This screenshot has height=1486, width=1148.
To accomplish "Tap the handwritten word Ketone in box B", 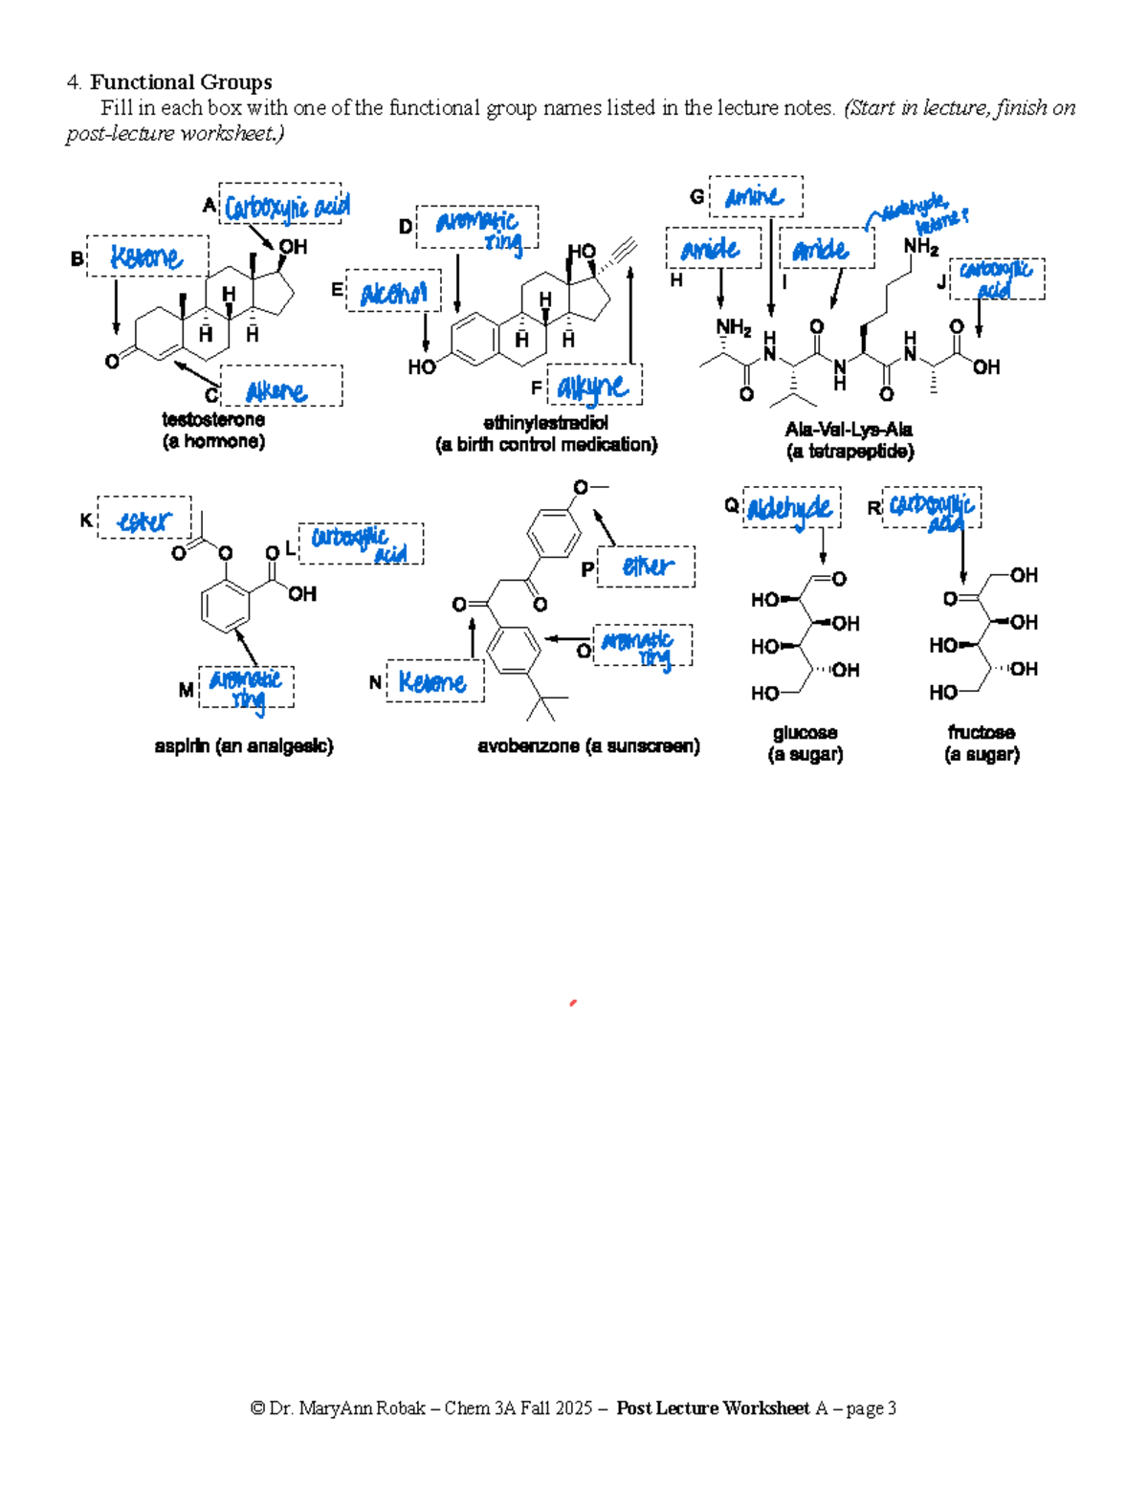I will pyautogui.click(x=145, y=257).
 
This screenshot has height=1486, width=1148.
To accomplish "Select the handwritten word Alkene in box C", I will pyautogui.click(x=276, y=390).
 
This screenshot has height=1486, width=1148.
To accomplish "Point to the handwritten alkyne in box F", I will pyautogui.click(x=593, y=388).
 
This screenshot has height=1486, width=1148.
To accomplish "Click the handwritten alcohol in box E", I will pyautogui.click(x=393, y=294).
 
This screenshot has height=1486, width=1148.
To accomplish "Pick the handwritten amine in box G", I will pyautogui.click(x=754, y=197).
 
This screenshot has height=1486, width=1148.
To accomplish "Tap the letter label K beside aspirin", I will pyautogui.click(x=86, y=521).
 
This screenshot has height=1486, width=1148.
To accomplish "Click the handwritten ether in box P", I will pyautogui.click(x=648, y=566).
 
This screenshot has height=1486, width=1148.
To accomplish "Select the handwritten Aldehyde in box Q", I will pyautogui.click(x=790, y=508).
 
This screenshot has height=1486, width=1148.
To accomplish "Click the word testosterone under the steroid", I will pyautogui.click(x=213, y=420).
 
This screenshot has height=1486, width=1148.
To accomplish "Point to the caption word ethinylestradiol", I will pyautogui.click(x=545, y=423).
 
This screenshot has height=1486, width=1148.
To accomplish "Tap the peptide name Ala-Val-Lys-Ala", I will pyautogui.click(x=849, y=430).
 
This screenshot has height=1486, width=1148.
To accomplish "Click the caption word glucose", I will pyautogui.click(x=805, y=733).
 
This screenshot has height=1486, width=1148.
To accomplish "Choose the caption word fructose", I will pyautogui.click(x=982, y=733).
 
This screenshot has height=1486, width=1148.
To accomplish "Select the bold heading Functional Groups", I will pyautogui.click(x=181, y=82).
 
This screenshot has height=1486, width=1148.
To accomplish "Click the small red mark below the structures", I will pyautogui.click(x=572, y=1003).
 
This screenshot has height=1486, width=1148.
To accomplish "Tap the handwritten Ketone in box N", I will pyautogui.click(x=432, y=682).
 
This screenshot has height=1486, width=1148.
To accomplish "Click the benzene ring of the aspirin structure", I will pyautogui.click(x=226, y=606).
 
